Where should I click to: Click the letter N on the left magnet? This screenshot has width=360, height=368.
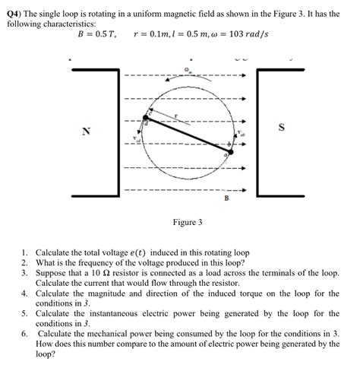(x=87, y=132)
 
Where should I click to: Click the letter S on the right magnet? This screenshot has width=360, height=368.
(x=282, y=127)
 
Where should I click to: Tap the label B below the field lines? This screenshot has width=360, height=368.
(x=226, y=198)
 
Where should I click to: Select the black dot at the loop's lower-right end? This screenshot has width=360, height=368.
(x=230, y=152)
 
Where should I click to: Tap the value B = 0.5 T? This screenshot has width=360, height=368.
(x=96, y=35)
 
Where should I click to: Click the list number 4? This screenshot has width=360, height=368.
(x=24, y=293)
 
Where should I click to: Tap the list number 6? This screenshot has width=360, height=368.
(x=24, y=334)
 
